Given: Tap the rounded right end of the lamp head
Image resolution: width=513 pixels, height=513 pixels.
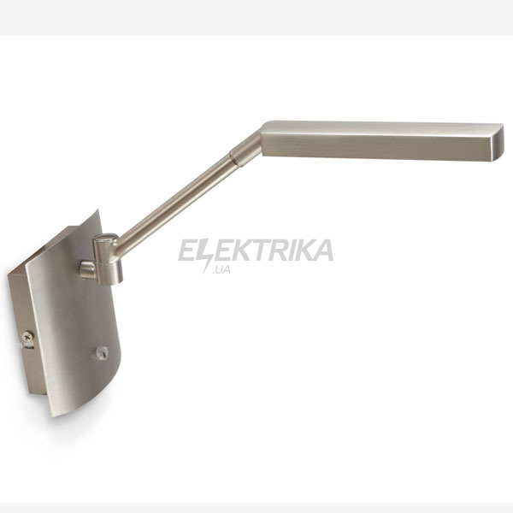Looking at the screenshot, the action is (x=498, y=142).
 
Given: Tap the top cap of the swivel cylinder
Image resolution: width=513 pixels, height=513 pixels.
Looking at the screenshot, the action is (x=106, y=238).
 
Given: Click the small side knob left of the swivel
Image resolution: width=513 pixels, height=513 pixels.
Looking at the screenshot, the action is (x=87, y=269).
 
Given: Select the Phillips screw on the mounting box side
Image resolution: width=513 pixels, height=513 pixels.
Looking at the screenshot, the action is (x=28, y=336).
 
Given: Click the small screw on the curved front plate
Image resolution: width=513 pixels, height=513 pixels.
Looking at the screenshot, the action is (x=102, y=352).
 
